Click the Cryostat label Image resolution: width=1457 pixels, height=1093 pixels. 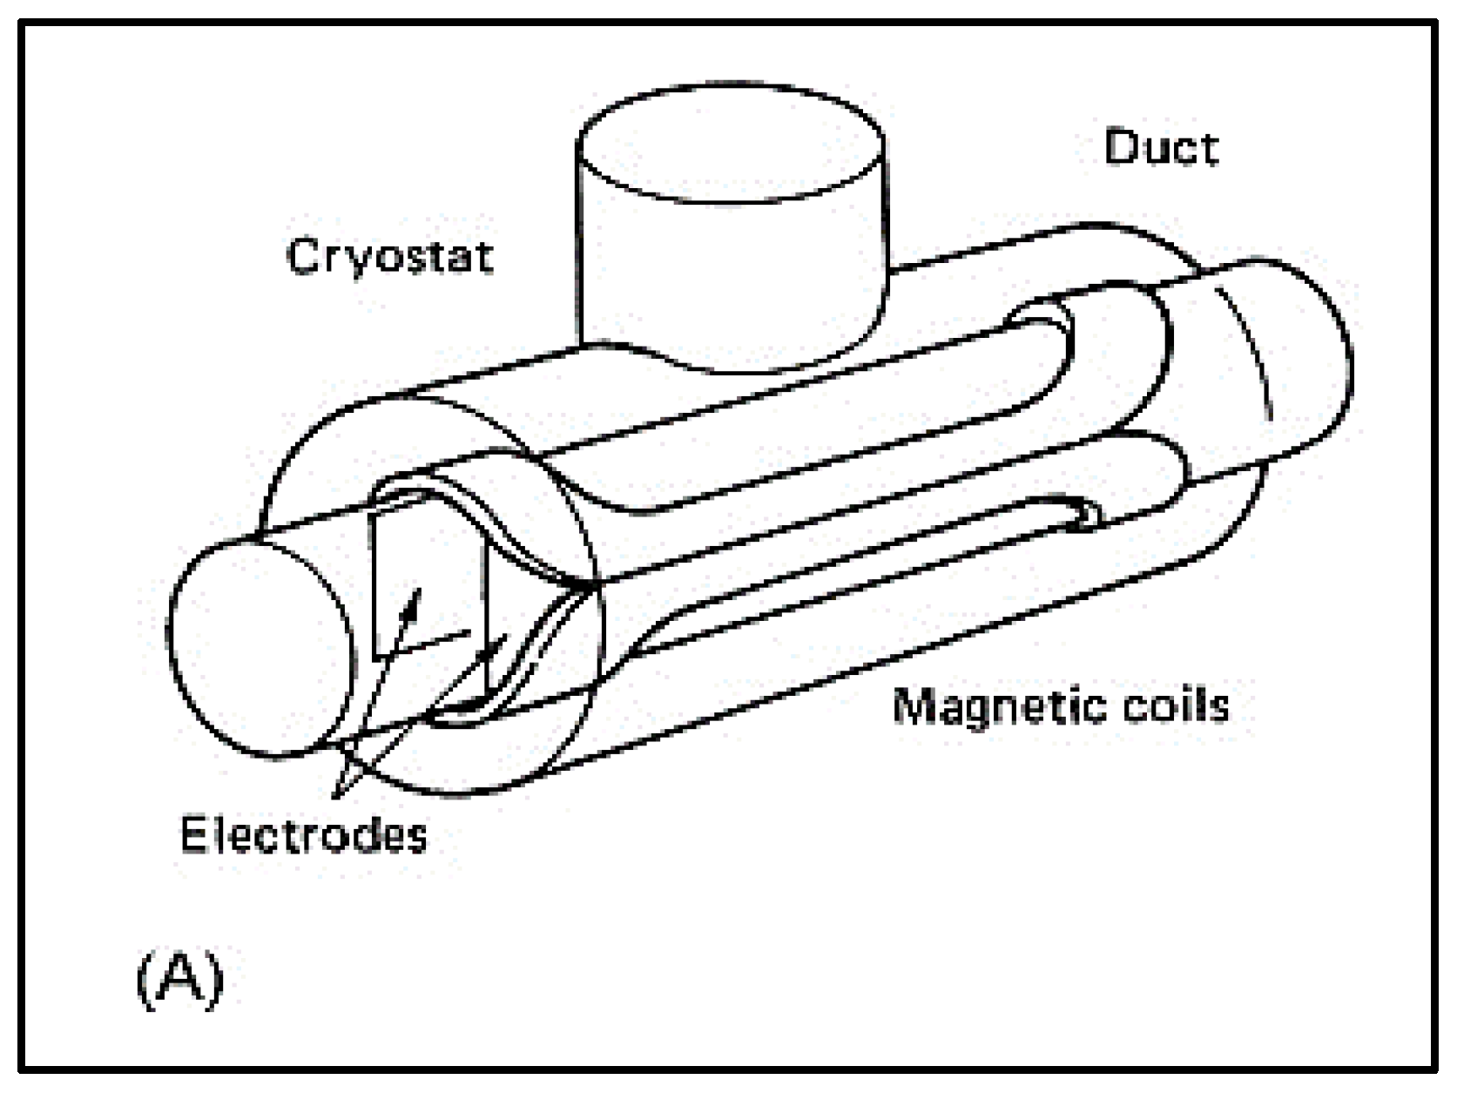tap(390, 256)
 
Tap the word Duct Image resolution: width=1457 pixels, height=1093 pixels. tap(1161, 148)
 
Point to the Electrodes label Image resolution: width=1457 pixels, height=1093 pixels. tap(304, 834)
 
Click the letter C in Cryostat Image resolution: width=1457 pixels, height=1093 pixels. tap(304, 256)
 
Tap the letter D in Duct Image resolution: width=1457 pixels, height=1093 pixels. tap(1122, 148)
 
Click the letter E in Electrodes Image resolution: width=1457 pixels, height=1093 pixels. tap(193, 834)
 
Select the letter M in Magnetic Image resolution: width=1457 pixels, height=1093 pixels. tap(913, 705)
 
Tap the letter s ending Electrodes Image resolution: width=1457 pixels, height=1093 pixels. tap(416, 836)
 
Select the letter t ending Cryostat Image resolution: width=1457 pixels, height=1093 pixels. tap(484, 256)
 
